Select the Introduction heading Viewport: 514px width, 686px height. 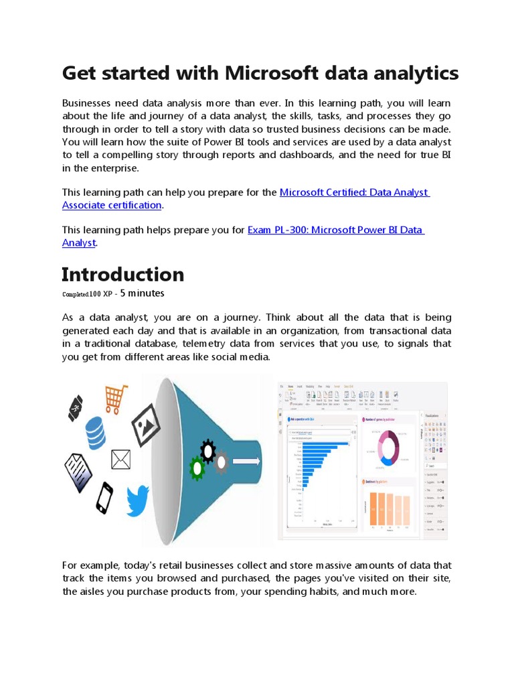(x=122, y=275)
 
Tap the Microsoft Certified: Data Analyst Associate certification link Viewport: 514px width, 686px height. (x=354, y=192)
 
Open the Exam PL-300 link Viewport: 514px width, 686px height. (x=335, y=230)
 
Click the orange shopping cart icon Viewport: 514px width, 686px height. (x=116, y=398)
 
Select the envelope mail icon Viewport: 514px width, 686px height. (x=121, y=460)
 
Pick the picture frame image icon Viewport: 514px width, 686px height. (x=145, y=424)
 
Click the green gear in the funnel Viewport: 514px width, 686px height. (x=197, y=468)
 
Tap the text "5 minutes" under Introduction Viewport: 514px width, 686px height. (x=142, y=293)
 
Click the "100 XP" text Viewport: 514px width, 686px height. (x=102, y=294)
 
